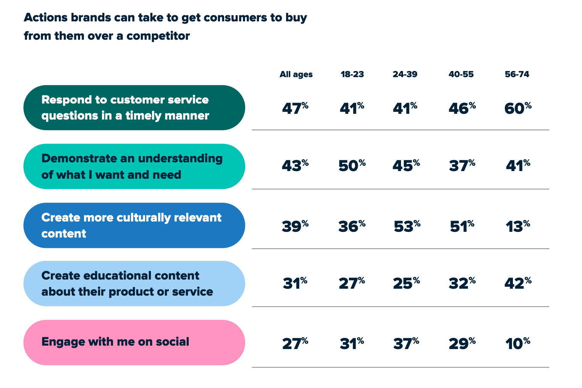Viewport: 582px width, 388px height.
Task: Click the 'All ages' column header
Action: (x=296, y=74)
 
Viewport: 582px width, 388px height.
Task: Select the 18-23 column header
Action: (x=352, y=74)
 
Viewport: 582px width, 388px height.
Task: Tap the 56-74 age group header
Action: (x=517, y=74)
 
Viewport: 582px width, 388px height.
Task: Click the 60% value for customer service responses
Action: (x=517, y=108)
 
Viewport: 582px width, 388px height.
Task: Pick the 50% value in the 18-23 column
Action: (x=352, y=166)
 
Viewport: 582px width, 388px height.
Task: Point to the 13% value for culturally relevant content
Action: (x=517, y=226)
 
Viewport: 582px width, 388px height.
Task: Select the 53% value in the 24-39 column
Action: (x=407, y=226)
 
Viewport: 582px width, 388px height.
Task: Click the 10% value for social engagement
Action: (x=517, y=344)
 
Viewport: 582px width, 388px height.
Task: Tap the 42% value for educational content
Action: (x=517, y=283)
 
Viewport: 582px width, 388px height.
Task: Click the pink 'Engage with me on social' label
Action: (x=134, y=342)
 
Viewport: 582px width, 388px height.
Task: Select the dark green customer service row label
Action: (x=134, y=108)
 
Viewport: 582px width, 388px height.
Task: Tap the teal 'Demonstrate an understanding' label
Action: (x=134, y=167)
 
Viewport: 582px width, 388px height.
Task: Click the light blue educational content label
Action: (x=134, y=283)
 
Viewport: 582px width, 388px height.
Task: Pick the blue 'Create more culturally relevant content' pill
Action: (x=134, y=225)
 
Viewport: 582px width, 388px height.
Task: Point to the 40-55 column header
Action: (x=461, y=74)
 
